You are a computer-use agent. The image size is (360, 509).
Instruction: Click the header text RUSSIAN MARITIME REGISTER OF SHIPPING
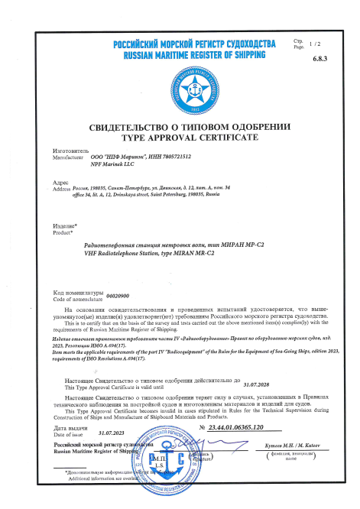pos(180,55)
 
